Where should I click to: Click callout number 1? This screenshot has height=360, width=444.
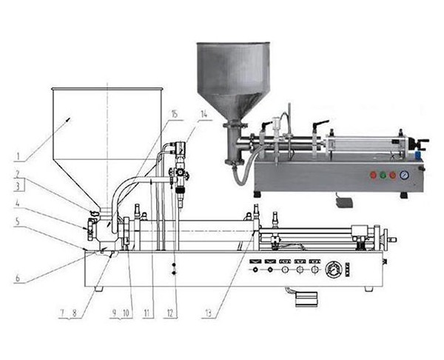click(x=18, y=156)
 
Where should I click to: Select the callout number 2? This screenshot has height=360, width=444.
click(x=17, y=173)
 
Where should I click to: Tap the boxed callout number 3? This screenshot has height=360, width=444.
click(x=18, y=186)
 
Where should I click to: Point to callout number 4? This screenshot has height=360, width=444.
click(x=17, y=204)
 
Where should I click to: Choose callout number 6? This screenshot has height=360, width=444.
click(x=18, y=278)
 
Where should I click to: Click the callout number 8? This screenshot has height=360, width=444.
click(x=75, y=313)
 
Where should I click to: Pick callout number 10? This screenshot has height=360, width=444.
click(x=126, y=313)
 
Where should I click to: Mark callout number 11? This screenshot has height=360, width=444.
click(x=147, y=313)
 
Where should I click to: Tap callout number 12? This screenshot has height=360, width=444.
click(x=170, y=313)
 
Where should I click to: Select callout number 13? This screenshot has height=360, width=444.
click(x=208, y=313)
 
